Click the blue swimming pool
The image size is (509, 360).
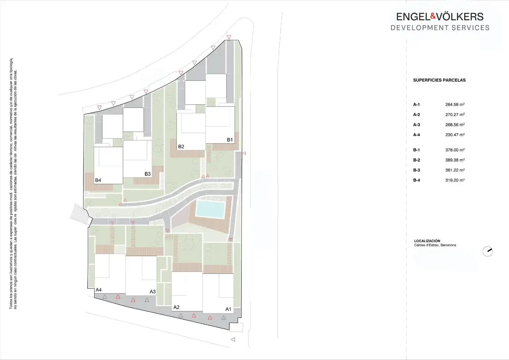[x=210, y=209]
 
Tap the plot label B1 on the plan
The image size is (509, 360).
[x=230, y=140]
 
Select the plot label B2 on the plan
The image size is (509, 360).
[x=181, y=147]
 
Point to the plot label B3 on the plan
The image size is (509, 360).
[x=147, y=174]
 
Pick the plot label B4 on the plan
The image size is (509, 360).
[x=98, y=180]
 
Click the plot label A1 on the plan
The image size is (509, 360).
[x=228, y=309]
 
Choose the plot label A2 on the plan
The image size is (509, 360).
[x=176, y=307]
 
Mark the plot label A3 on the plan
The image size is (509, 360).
[x=152, y=292]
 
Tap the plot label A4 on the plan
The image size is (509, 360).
[x=98, y=290]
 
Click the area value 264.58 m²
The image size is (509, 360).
[x=455, y=105]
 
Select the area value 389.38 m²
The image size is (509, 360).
[x=455, y=160]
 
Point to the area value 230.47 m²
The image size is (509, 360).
[x=455, y=135]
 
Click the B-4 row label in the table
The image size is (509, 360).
[x=416, y=180]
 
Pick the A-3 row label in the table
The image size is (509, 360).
[x=416, y=125]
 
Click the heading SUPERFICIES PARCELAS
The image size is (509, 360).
[x=439, y=80]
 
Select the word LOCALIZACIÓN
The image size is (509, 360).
[x=427, y=241]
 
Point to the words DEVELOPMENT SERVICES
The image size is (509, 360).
[x=440, y=28]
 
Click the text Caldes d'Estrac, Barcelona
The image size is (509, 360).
[x=435, y=245]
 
